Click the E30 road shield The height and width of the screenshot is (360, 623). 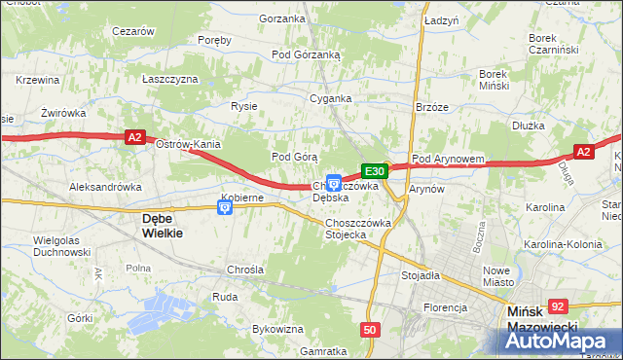[x=377, y=171]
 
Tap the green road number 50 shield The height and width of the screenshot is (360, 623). [x=370, y=330]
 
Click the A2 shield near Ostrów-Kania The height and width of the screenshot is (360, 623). [x=136, y=139]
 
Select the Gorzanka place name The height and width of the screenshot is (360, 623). [x=282, y=18]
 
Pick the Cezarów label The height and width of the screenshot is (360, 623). [x=134, y=31]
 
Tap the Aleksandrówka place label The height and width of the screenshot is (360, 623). [x=106, y=186]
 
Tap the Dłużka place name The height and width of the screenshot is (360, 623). [x=528, y=126]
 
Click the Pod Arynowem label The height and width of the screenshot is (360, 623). [x=449, y=159]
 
